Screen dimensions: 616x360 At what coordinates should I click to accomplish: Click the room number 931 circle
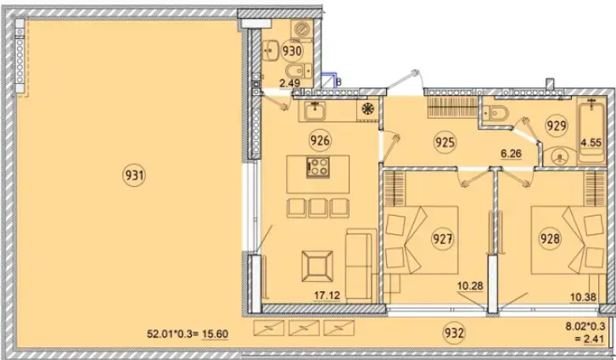tap(134, 175)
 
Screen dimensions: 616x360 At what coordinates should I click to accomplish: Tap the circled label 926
tap(320, 140)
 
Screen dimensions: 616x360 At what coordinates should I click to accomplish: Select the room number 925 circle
tap(445, 142)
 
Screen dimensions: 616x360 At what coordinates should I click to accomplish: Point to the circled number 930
tap(292, 51)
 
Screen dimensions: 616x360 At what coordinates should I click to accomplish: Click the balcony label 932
tap(454, 333)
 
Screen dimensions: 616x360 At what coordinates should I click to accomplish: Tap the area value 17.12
tap(327, 295)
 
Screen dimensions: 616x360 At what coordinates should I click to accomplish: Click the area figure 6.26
tap(511, 154)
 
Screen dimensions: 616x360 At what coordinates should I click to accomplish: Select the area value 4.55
tap(591, 143)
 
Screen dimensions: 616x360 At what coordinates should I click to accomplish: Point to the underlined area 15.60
tap(215, 335)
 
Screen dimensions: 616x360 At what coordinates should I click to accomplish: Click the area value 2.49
tap(289, 83)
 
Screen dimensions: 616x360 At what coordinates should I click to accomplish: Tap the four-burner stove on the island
tap(318, 167)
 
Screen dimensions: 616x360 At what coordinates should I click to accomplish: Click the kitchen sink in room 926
tap(314, 111)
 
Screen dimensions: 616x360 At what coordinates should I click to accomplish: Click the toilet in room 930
tap(298, 71)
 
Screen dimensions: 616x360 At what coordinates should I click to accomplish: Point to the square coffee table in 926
tap(317, 266)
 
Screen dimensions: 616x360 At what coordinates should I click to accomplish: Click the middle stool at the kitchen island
tap(318, 208)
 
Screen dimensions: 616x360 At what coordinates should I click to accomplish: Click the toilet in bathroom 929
tap(495, 114)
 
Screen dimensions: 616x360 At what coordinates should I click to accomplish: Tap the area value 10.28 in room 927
tap(470, 286)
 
